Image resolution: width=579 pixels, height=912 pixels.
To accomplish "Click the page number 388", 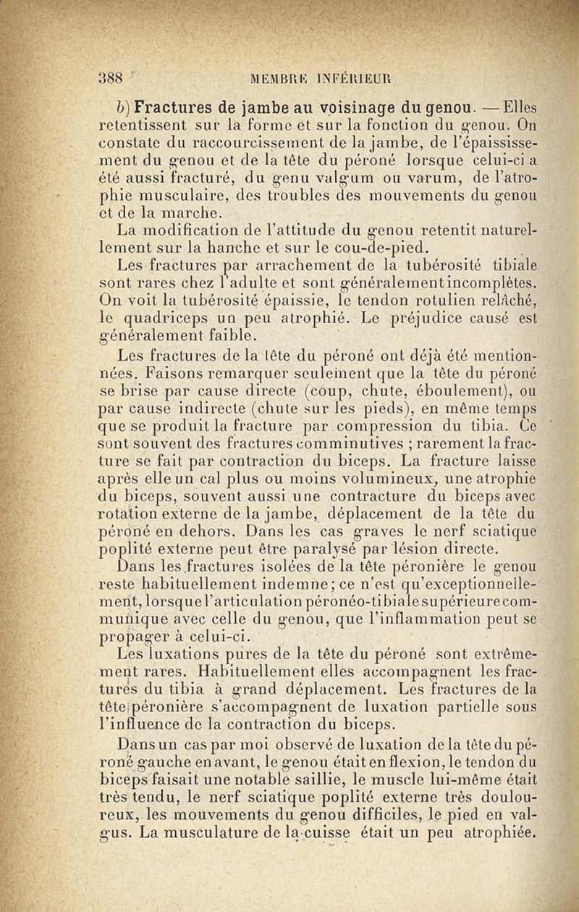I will point(111,78).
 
